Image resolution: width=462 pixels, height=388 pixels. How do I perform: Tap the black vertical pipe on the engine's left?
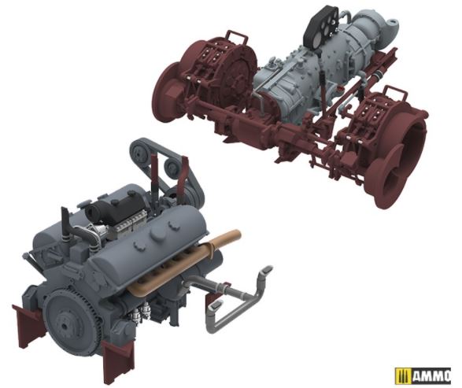(x=65, y=224)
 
